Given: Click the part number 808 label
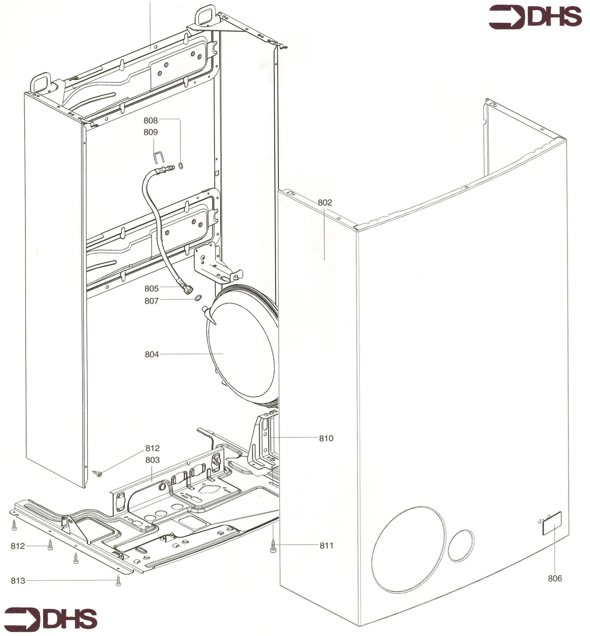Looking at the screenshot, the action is point(151,120).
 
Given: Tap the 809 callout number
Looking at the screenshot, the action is point(151,132).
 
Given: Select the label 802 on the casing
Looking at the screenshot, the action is point(325,202).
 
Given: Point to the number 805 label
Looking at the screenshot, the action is point(152,289).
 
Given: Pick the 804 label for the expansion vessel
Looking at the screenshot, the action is point(152,355).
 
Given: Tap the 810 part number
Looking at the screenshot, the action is point(326,438).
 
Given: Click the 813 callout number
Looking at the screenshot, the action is point(18,581).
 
